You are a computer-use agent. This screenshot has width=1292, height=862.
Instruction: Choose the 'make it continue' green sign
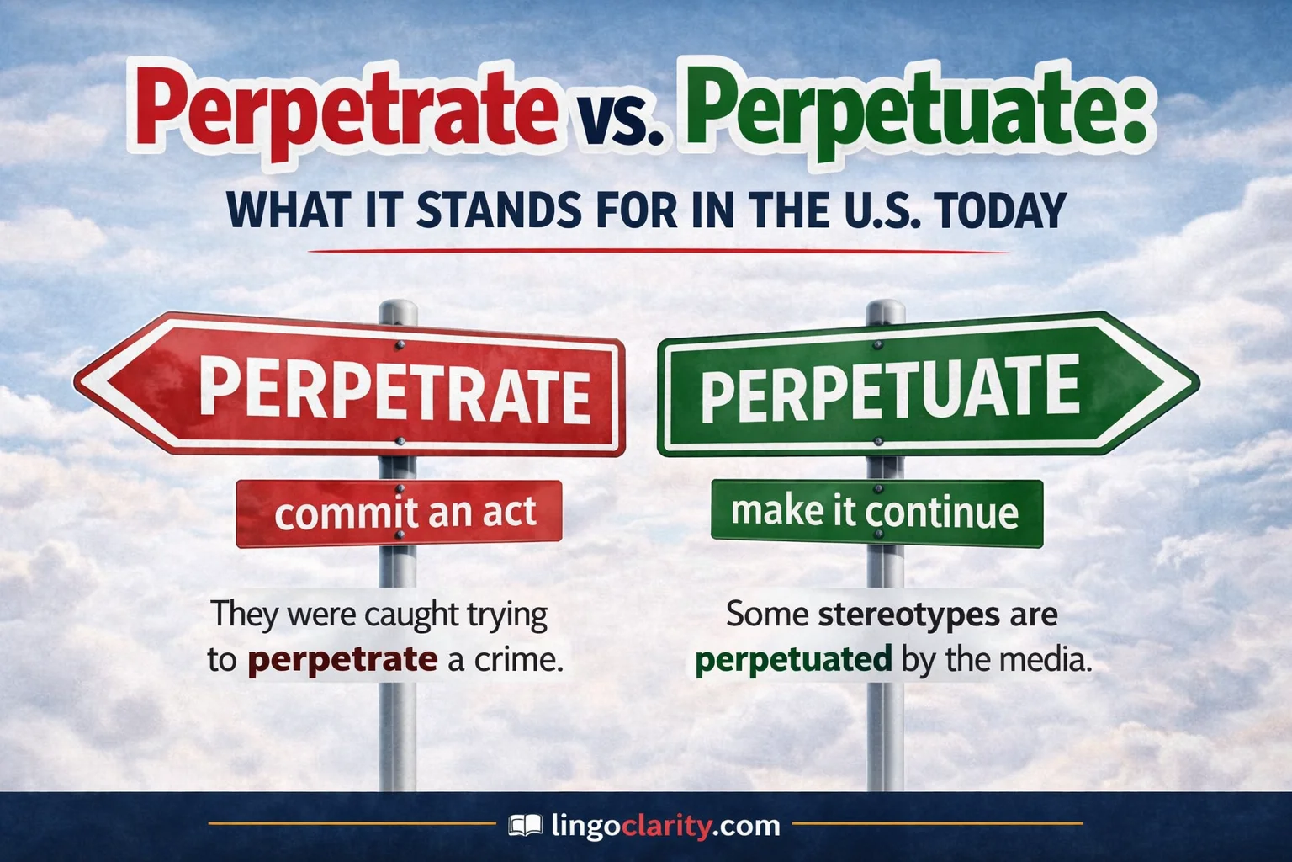[x=876, y=512]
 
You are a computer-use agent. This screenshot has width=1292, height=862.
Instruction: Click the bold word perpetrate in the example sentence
[x=342, y=659]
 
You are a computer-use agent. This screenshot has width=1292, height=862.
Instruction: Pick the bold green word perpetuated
[x=793, y=659]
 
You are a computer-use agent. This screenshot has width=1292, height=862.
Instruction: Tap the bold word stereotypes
[x=909, y=614]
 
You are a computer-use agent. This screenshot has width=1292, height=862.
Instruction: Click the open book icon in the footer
[x=526, y=826]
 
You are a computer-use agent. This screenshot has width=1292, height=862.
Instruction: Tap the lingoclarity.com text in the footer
[x=665, y=826]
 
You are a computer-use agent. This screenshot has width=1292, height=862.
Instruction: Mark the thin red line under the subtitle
[x=659, y=251]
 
